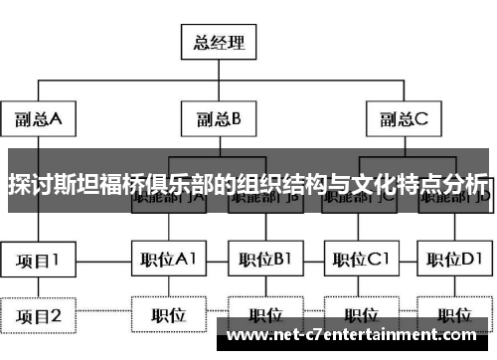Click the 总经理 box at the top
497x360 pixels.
[x=218, y=43]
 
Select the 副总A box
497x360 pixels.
[x=39, y=119]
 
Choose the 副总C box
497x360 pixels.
[x=406, y=119]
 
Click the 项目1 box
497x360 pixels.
[x=38, y=261]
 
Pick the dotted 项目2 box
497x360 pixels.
[x=38, y=316]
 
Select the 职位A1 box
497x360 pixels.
[x=168, y=261]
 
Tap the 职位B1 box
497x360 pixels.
[x=264, y=261]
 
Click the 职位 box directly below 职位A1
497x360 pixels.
[x=168, y=316]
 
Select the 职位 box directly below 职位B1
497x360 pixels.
[x=264, y=316]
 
